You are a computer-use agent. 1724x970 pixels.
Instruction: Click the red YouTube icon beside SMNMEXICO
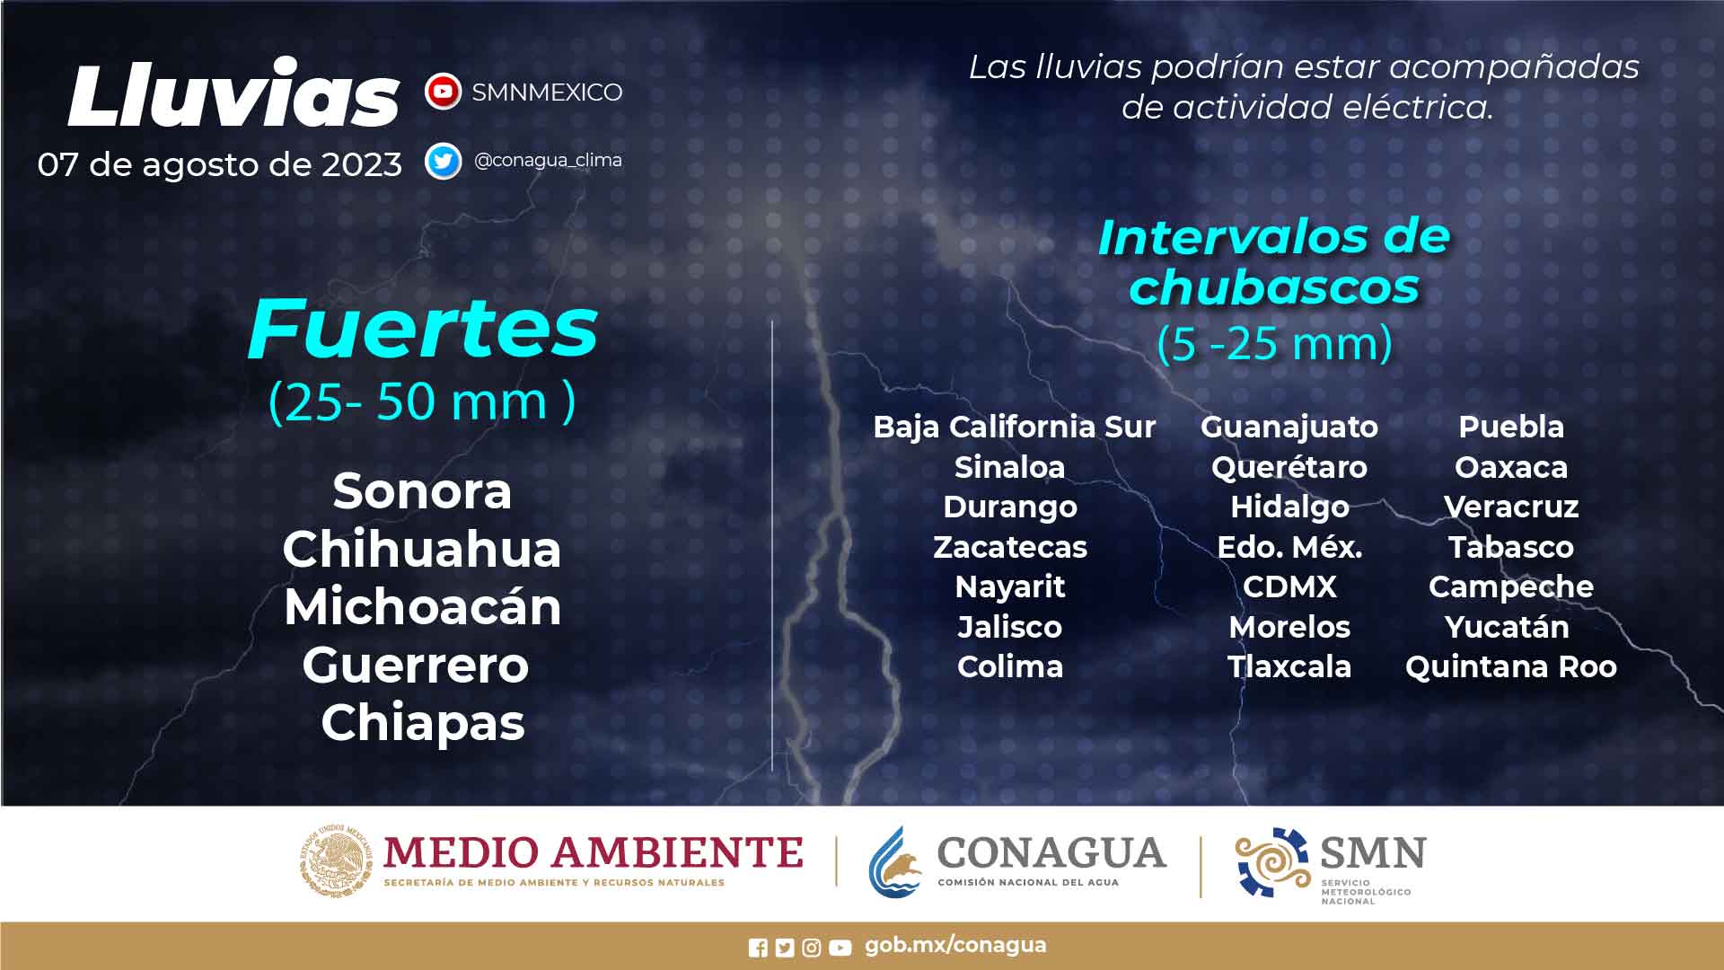coord(443,92)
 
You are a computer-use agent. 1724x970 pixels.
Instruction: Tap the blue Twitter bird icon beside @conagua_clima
coord(443,161)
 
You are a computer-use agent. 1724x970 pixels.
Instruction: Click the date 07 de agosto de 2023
coord(220,164)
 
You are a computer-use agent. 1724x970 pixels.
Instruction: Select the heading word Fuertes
coord(423,328)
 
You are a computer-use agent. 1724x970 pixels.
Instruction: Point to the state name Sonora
coord(422,491)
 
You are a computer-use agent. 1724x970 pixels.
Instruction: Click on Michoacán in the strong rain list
coord(423,606)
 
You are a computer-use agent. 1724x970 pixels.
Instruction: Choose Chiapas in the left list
coord(423,723)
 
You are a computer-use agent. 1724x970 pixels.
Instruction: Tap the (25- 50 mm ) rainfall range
coord(422,401)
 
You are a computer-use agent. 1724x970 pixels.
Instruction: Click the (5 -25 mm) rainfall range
coord(1275,343)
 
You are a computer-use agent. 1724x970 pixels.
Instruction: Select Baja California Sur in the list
coord(1015,427)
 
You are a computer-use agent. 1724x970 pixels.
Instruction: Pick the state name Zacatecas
coord(1010,546)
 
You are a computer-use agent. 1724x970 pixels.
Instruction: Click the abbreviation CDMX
coord(1289,586)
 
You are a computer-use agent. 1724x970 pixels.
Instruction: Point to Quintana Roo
coord(1511,666)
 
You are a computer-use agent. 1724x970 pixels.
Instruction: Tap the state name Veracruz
coord(1511,507)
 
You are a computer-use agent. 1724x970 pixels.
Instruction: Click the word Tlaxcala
coord(1289,666)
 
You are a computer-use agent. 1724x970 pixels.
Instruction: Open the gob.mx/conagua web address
coord(955,946)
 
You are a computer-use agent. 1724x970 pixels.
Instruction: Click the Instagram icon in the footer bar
coord(812,948)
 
